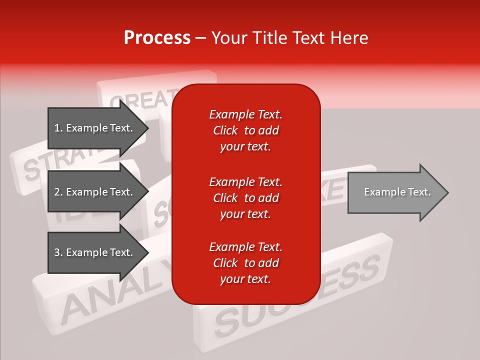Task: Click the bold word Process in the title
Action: pos(157,38)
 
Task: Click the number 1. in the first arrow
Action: pos(58,128)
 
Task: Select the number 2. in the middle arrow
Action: pos(58,192)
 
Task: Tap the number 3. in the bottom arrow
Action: pos(58,252)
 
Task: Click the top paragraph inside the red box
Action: pos(245,130)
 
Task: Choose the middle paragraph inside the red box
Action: pos(245,198)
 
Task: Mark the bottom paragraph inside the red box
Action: pos(245,263)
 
